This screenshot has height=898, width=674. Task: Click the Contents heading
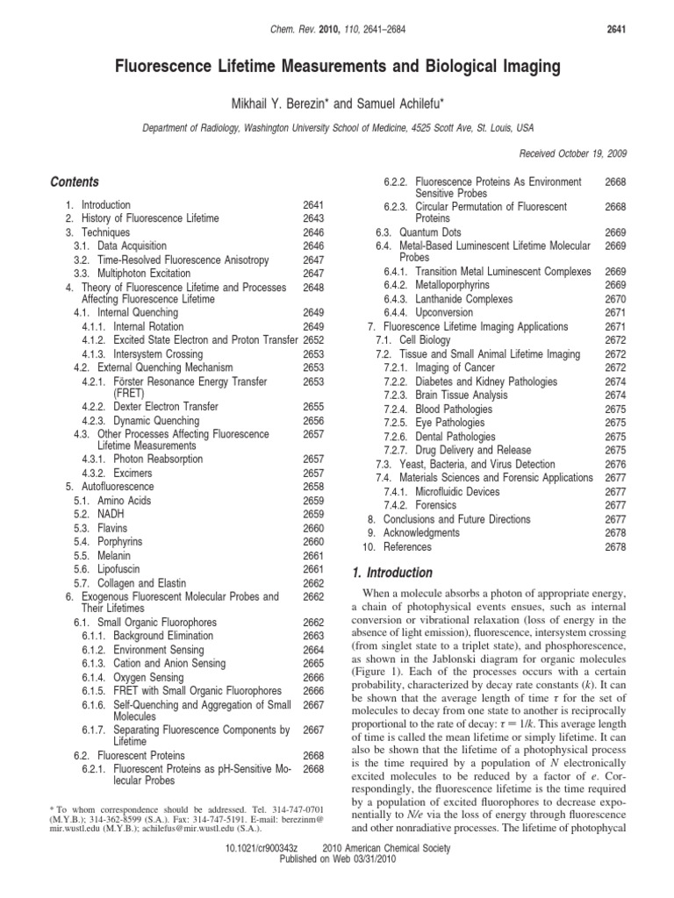click(x=75, y=182)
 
